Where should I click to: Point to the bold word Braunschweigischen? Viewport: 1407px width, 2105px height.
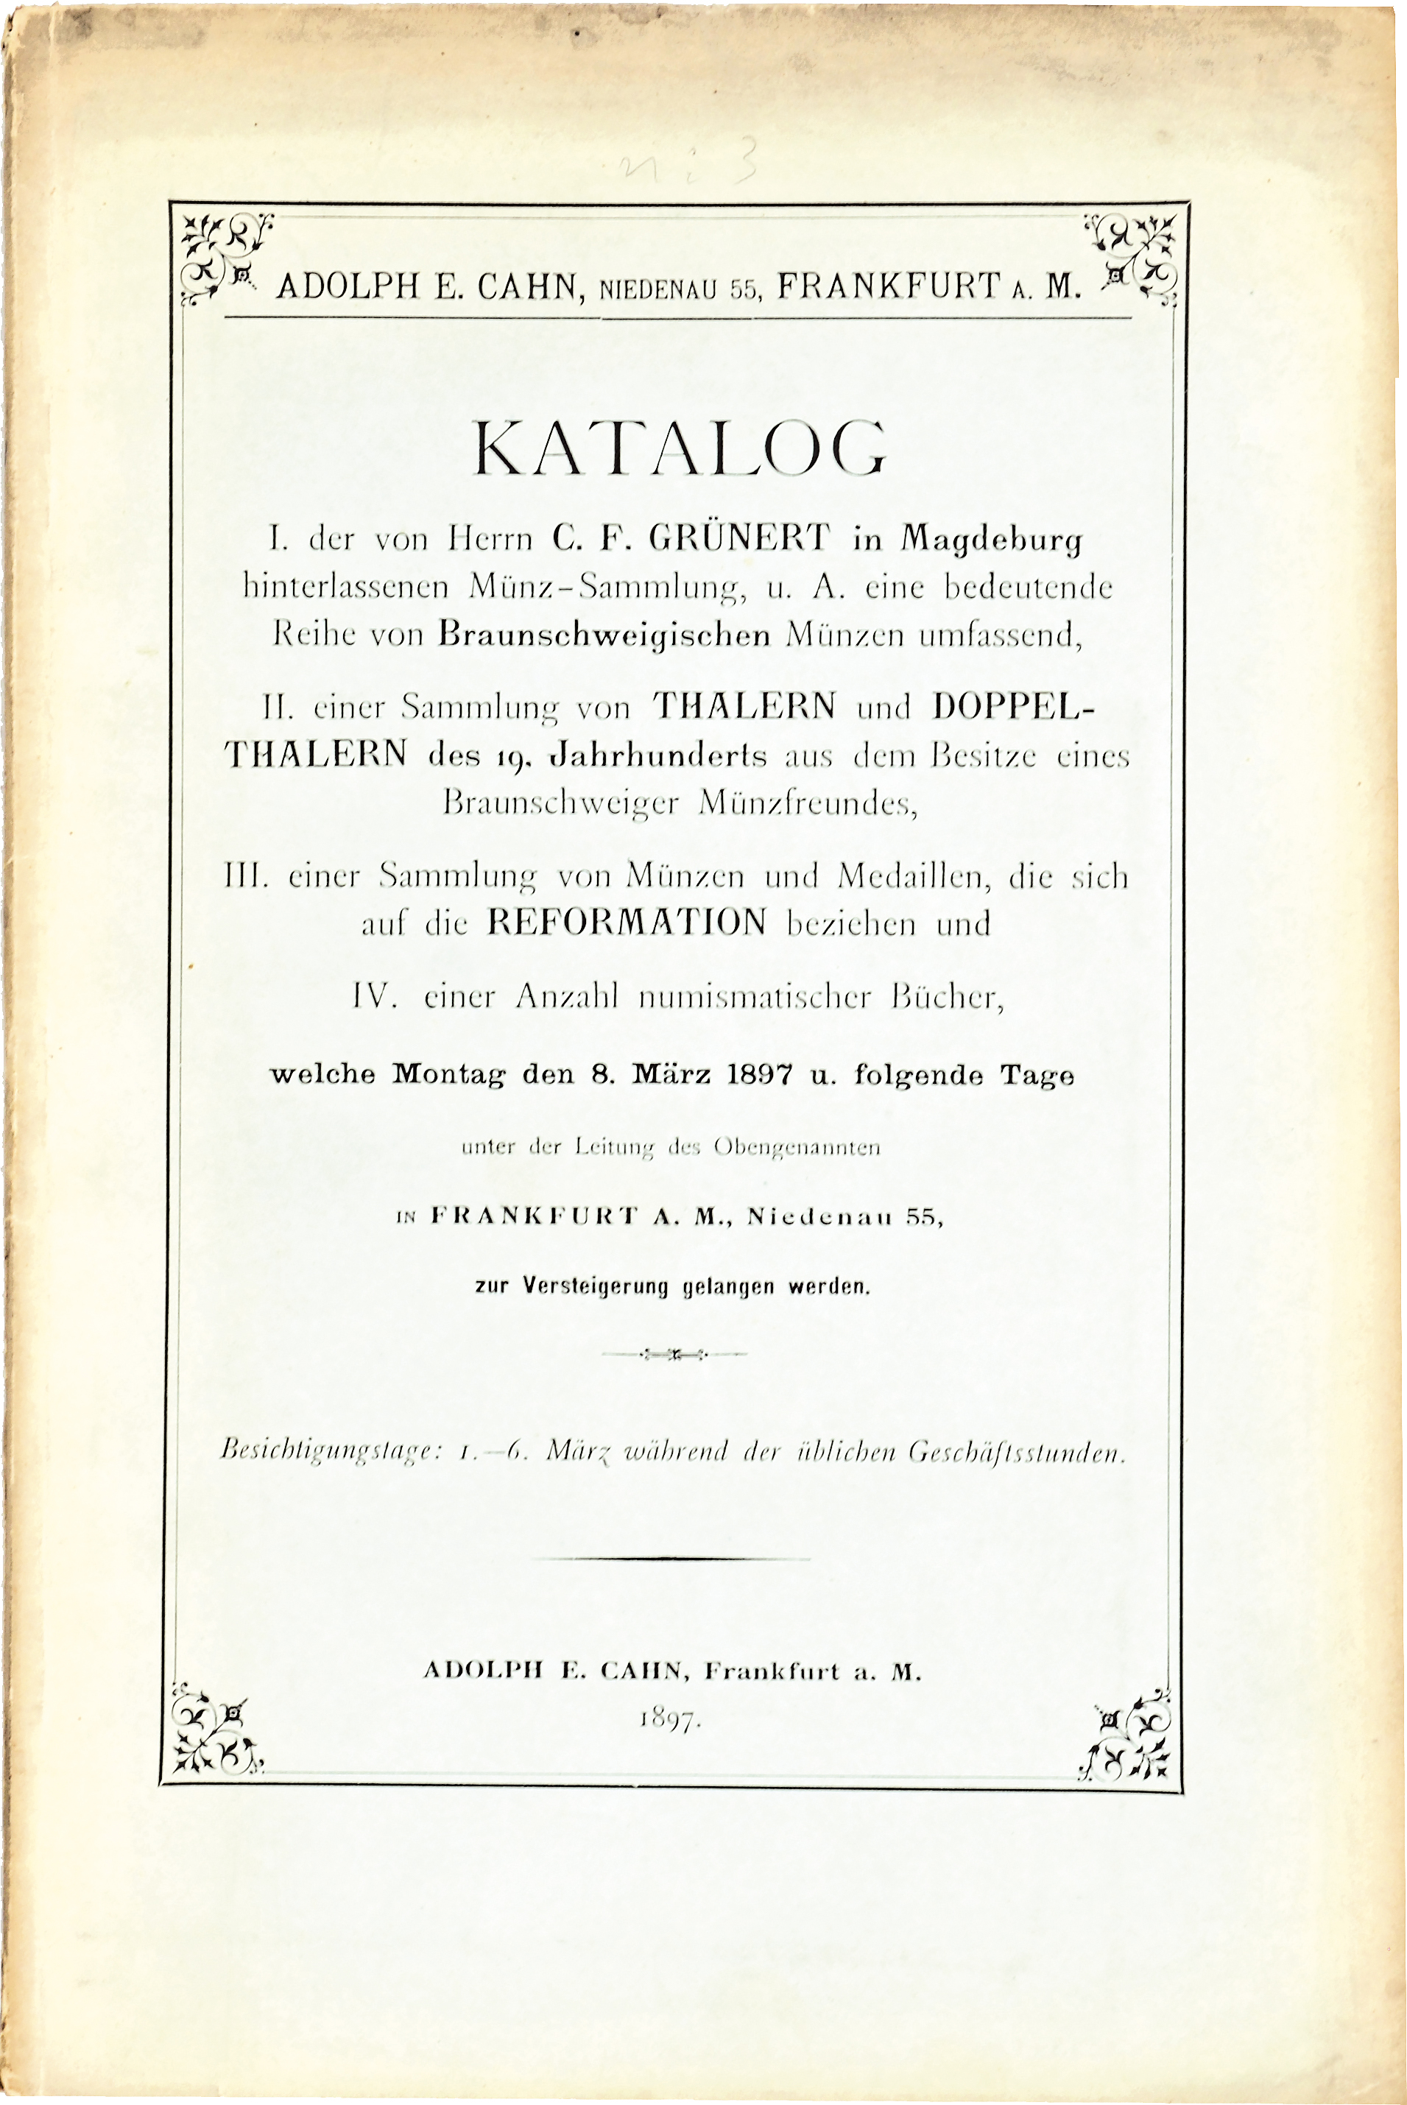pos(606,635)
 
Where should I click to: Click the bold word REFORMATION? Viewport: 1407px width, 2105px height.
pos(627,923)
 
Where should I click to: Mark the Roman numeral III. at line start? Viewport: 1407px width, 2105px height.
pos(242,875)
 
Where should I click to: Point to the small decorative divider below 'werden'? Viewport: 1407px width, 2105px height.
pos(674,1353)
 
